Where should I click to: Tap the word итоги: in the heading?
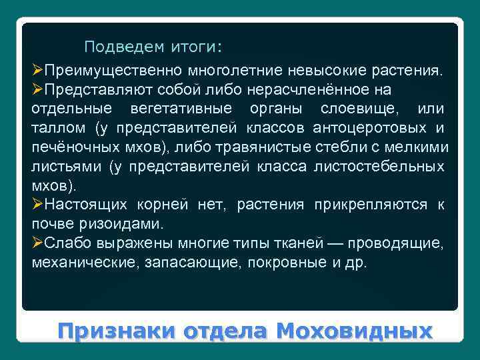[x=192, y=47]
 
